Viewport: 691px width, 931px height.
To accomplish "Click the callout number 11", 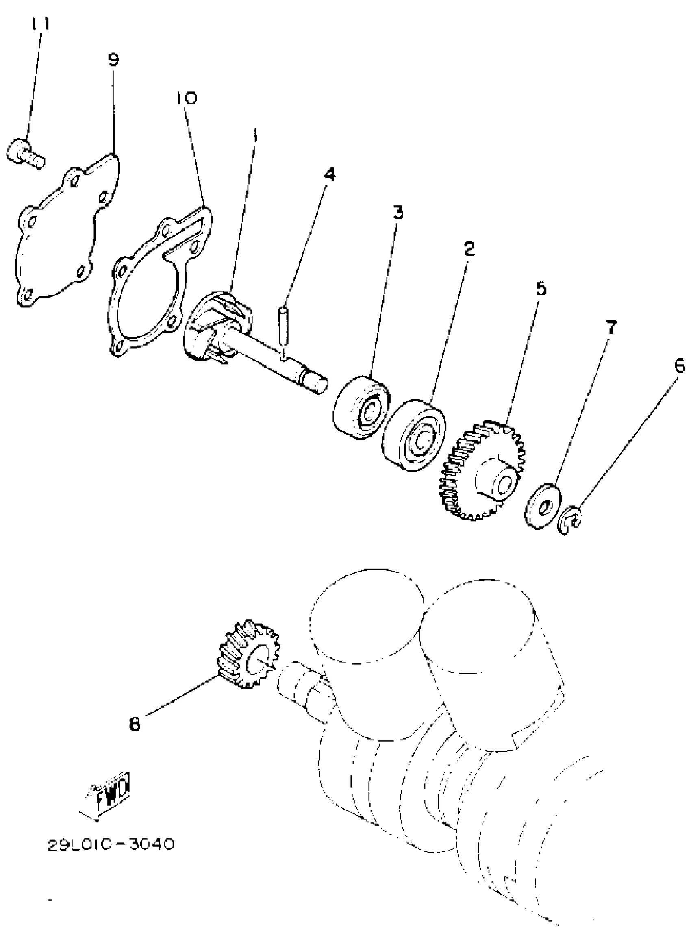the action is pos(40,24).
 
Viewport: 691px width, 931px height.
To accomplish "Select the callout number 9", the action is pos(113,59).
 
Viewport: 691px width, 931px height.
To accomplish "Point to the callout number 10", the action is pos(186,98).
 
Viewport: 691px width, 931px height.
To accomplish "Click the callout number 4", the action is pos(330,174).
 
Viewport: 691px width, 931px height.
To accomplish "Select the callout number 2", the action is pos(469,249).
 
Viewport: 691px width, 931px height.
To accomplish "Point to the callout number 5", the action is pos(541,288).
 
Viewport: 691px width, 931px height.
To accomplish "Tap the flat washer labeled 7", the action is pos(543,506).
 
